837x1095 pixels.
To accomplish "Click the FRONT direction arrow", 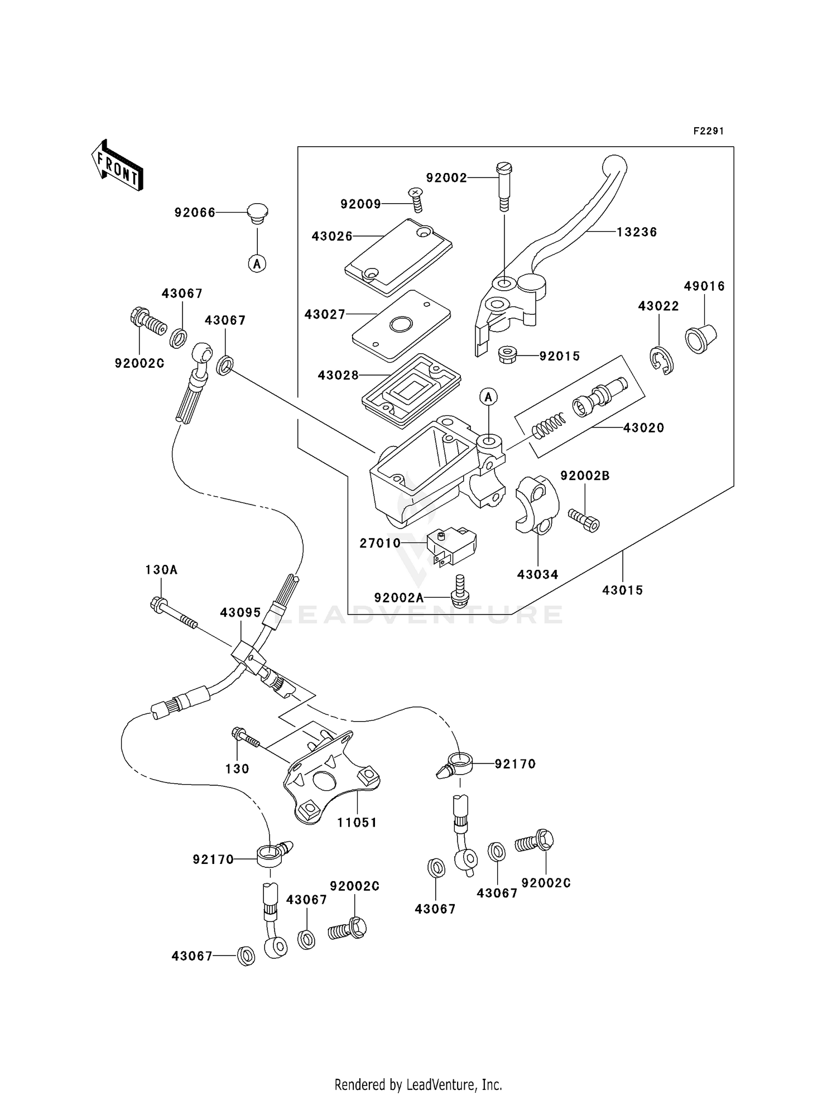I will point(117,165).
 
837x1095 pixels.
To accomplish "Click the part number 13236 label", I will point(637,232).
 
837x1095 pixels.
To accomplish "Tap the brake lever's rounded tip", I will point(614,166).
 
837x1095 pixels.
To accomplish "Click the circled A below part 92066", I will point(257,263).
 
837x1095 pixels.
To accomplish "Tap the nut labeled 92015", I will point(507,353).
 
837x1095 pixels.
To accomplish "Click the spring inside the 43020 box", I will point(549,426).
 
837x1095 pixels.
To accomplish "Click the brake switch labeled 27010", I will point(451,545).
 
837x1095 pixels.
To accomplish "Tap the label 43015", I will point(623,590).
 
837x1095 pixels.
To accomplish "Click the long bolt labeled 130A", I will point(173,613).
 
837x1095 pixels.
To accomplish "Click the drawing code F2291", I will point(709,131).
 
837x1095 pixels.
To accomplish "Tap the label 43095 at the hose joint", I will point(240,613).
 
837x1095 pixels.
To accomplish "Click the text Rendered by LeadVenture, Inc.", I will point(418,1084).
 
